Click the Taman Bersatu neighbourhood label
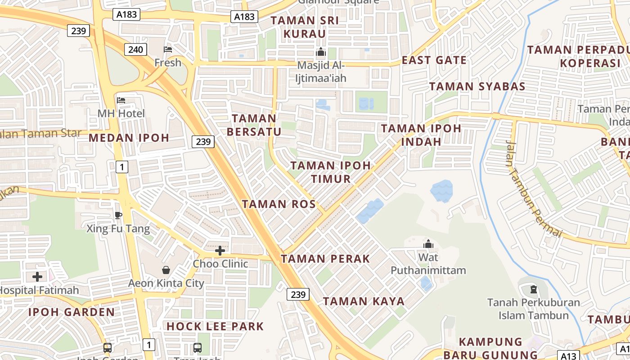pos(254,125)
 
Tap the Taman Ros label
pos(279,204)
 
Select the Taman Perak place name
pos(325,259)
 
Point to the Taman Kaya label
pos(364,301)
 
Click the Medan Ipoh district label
pos(129,138)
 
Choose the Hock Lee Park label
pos(215,326)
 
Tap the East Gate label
pos(434,60)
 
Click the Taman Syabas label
pos(477,86)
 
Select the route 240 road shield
pos(135,49)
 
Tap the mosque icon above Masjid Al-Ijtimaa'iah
pos(321,52)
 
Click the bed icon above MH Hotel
pos(121,100)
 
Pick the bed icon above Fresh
pos(168,49)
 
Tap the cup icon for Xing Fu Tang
pos(118,215)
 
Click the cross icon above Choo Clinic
pos(220,250)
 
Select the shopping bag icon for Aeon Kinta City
pos(166,270)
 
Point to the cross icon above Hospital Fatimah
pos(37,277)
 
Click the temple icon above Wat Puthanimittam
pos(428,244)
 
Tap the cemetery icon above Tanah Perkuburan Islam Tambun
pos(534,289)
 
